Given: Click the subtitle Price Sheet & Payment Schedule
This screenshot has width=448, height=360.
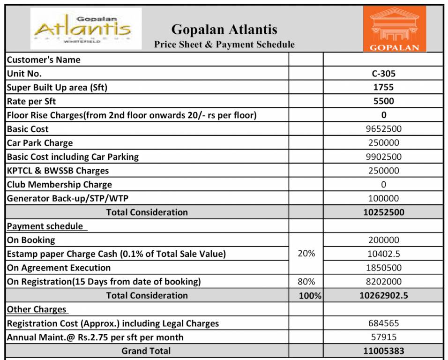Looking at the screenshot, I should [224, 45].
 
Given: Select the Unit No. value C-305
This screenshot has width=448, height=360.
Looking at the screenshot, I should [383, 74].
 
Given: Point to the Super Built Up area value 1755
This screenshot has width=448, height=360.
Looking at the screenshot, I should [383, 87].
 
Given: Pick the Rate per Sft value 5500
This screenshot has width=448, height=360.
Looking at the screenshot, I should [383, 101].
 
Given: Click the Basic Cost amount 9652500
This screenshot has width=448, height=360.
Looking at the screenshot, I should [383, 129].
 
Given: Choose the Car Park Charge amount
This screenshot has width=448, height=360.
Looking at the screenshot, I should [383, 143].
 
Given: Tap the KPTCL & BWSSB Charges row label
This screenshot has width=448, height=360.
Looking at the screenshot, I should [58, 171].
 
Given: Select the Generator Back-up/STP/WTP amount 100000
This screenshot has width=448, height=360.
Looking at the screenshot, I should [383, 198].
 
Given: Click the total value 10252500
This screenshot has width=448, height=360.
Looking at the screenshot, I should [383, 212].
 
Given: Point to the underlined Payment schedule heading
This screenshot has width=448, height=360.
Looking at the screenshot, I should [45, 226].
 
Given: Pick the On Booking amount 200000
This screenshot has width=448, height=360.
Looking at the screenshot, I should [383, 240].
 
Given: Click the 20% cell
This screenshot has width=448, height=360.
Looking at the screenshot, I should [306, 254].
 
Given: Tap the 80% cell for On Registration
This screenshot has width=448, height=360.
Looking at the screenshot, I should [306, 282].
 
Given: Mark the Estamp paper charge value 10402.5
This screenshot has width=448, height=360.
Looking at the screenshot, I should [383, 254].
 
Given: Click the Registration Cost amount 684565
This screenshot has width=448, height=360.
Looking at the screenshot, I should [383, 323].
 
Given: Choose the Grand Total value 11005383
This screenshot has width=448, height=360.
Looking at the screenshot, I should [383, 351].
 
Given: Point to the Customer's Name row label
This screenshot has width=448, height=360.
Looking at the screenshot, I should [44, 60].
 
